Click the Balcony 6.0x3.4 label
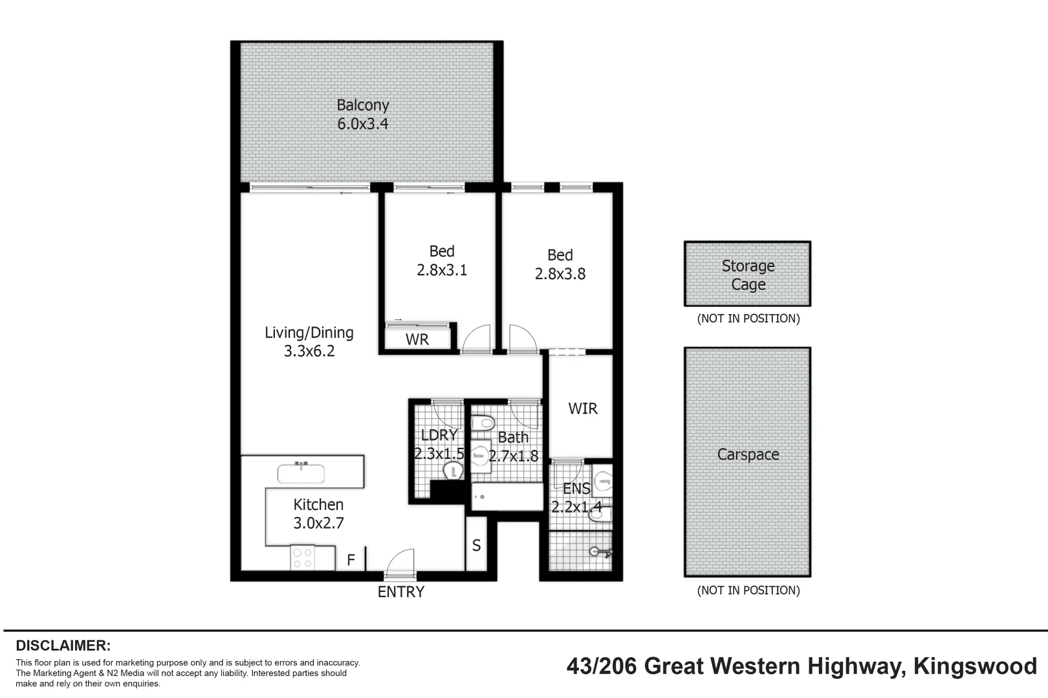coord(363,114)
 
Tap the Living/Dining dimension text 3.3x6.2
coord(309,351)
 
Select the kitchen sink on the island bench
coord(301,473)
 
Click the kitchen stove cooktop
coord(302,558)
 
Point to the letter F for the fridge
coord(351,560)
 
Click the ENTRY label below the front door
coord(401,592)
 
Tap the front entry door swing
coord(400,560)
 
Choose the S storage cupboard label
coord(476,545)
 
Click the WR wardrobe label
coord(417,339)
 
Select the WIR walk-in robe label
coord(583,408)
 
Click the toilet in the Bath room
coord(483,424)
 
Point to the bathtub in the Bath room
coord(507,496)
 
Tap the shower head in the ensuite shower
coord(600,552)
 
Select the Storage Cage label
coord(748,275)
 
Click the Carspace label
coord(748,454)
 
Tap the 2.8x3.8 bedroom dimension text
coord(560,274)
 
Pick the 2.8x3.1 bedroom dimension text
coord(442,270)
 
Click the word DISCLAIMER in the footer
coord(63,646)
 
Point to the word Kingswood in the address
coord(976,667)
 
